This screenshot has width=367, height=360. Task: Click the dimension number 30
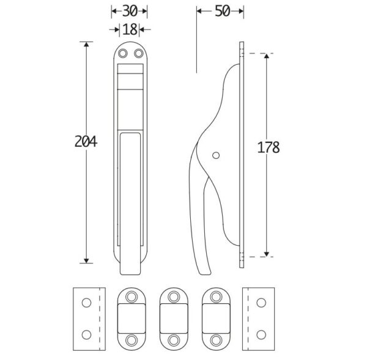coord(130,11)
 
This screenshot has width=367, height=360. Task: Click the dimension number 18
coord(130,29)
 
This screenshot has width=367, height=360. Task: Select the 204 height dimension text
coord(86,142)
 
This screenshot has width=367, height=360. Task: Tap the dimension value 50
coord(223,11)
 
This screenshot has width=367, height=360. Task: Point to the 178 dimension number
coord(269,147)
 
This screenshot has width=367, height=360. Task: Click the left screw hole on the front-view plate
coord(123,53)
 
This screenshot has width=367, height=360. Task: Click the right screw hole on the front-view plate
coord(139,53)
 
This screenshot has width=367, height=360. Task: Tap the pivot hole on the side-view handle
coord(216,155)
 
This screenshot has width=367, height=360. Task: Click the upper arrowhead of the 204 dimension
coord(86,45)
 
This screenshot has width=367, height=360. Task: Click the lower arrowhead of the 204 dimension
coord(86,260)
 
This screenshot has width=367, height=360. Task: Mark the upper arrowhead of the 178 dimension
coord(266,56)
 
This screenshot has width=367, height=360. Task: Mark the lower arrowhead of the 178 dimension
coord(266,254)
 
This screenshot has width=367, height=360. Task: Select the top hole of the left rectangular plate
coord(86,303)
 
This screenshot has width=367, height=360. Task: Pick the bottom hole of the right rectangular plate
coord(261,335)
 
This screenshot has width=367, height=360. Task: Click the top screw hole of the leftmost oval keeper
coord(132,297)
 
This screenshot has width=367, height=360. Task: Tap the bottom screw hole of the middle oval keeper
coord(174,340)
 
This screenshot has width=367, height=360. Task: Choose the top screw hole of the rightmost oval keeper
coord(216,297)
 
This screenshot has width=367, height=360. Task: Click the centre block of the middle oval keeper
coord(174,318)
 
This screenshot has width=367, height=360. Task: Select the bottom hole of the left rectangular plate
coord(86,335)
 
